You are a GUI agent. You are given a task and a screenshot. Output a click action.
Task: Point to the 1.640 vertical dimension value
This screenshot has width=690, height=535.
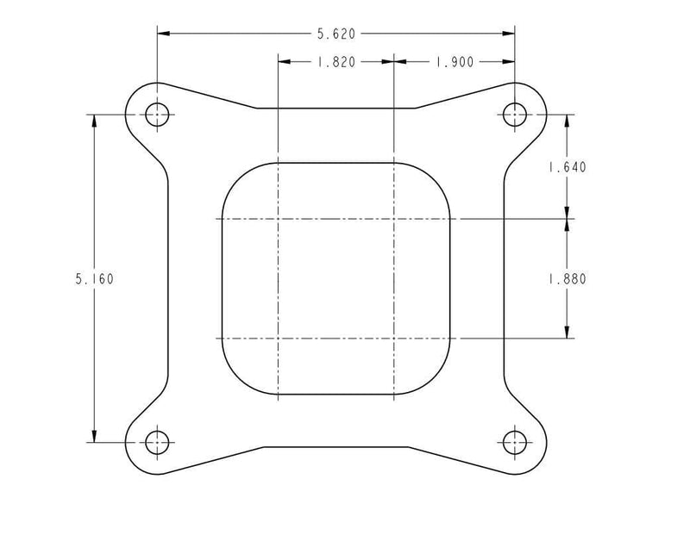(566, 168)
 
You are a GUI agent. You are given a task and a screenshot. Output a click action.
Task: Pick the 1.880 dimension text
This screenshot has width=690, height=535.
(566, 279)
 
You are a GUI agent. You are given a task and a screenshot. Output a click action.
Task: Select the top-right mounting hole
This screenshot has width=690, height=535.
(515, 114)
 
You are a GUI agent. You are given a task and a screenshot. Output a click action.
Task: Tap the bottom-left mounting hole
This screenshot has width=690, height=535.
(156, 443)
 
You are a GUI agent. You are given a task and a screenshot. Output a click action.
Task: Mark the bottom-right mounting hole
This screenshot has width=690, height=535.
(515, 442)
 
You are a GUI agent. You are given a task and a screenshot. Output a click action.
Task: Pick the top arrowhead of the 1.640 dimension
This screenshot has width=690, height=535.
(566, 121)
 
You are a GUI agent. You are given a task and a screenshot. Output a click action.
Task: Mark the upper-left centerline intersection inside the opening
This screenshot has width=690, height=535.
(278, 219)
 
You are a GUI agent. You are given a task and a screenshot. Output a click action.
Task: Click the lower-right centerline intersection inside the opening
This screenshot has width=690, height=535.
(393, 338)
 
